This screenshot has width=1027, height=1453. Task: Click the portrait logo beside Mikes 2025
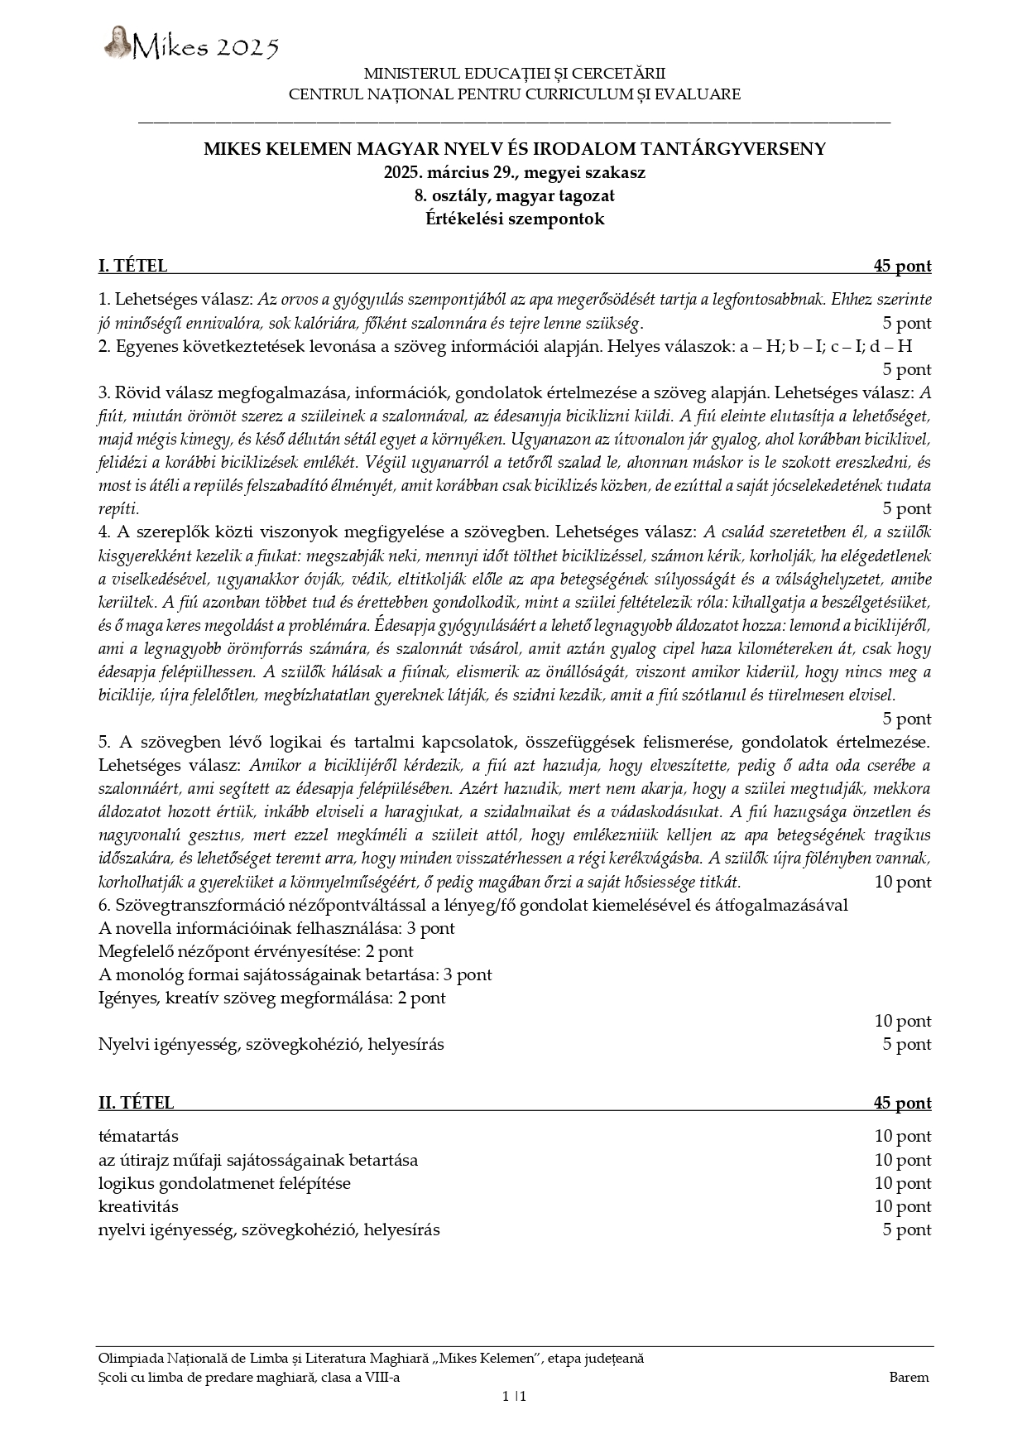tap(118, 42)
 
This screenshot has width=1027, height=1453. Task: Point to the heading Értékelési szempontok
tap(514, 219)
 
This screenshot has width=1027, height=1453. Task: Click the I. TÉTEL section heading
tap(132, 266)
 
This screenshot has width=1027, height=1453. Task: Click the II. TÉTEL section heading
tap(136, 1103)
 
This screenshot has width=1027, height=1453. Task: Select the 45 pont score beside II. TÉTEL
tap(902, 1103)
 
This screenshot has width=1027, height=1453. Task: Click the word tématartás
tap(138, 1137)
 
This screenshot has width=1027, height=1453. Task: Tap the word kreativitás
tap(138, 1206)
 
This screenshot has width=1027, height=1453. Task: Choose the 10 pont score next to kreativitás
tap(902, 1206)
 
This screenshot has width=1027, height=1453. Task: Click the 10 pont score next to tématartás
tap(902, 1137)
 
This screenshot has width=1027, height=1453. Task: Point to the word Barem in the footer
tap(909, 1378)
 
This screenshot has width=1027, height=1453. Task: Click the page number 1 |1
tap(514, 1397)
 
